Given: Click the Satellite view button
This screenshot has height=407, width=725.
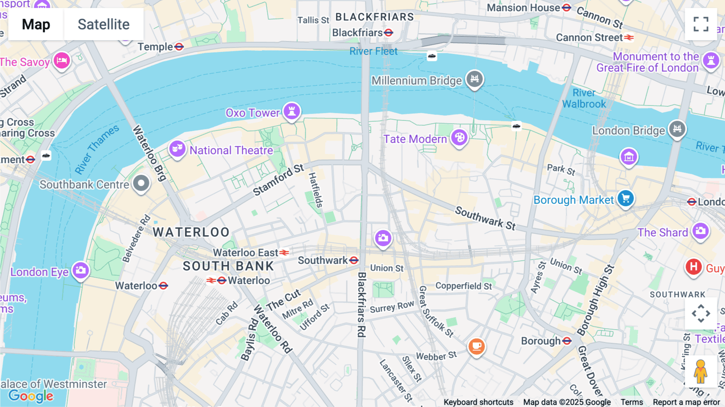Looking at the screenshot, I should pyautogui.click(x=104, y=24).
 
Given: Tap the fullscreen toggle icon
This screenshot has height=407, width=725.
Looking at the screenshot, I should pyautogui.click(x=701, y=24).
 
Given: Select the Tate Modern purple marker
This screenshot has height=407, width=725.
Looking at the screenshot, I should pyautogui.click(x=459, y=138).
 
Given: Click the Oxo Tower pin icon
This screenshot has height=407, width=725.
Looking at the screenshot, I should pyautogui.click(x=292, y=111).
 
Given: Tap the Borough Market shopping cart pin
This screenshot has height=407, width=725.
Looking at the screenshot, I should pyautogui.click(x=626, y=198).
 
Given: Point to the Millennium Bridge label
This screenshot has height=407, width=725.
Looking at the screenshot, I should pyautogui.click(x=416, y=81).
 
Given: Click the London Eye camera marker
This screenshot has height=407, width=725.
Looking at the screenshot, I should pyautogui.click(x=81, y=270).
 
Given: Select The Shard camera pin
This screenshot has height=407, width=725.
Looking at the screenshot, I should pyautogui.click(x=700, y=231).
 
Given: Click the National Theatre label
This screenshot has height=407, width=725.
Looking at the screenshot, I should pyautogui.click(x=231, y=150).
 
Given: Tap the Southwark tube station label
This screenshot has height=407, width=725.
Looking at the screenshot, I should pyautogui.click(x=323, y=260).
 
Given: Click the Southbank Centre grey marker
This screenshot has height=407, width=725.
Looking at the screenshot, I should pyautogui.click(x=141, y=183).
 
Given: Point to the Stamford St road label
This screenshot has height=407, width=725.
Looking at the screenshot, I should pyautogui.click(x=278, y=180).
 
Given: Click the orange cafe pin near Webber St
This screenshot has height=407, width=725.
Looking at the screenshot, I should pyautogui.click(x=476, y=346).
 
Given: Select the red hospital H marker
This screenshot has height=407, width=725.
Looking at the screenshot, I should pyautogui.click(x=693, y=267).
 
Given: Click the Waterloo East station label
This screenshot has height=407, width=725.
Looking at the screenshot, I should pyautogui.click(x=246, y=253).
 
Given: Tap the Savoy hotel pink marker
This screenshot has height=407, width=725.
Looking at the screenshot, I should pyautogui.click(x=62, y=60).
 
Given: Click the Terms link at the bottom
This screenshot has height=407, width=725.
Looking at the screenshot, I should pyautogui.click(x=632, y=402).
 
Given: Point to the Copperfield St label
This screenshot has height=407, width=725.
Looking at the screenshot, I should pyautogui.click(x=464, y=286).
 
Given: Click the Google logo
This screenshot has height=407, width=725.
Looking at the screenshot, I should pyautogui.click(x=31, y=396).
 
